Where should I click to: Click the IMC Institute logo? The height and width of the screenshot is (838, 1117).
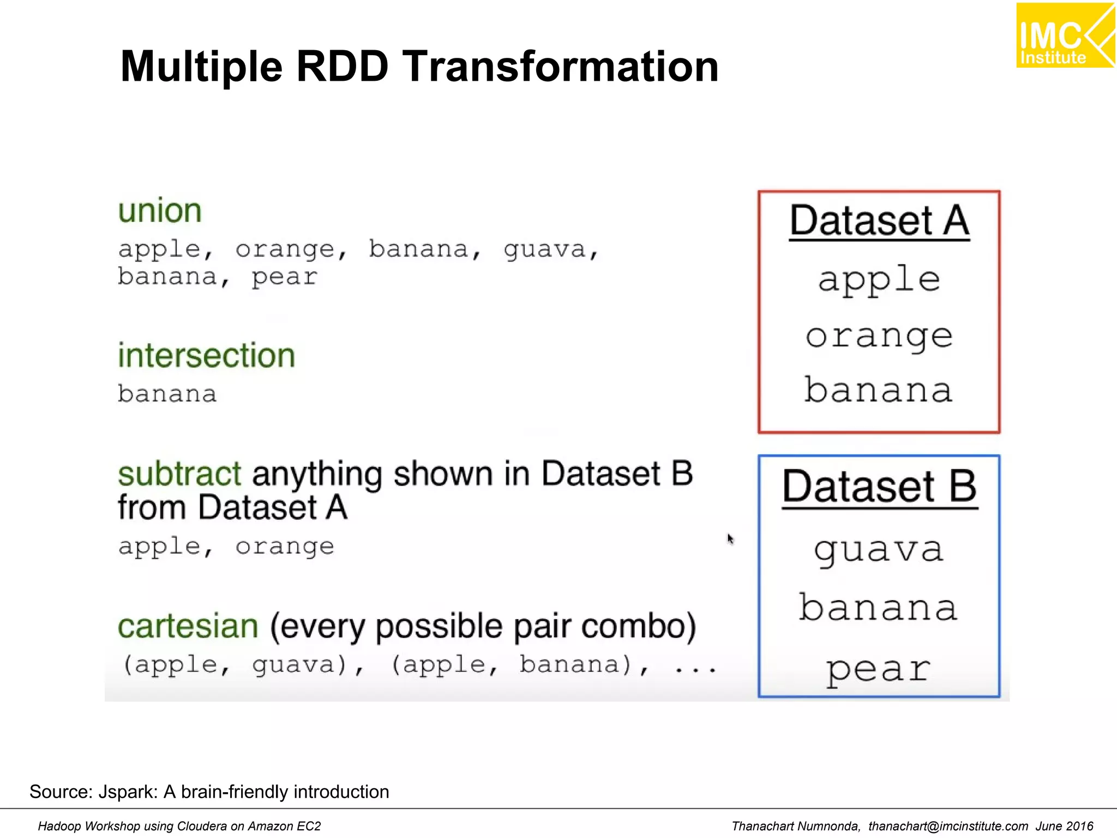(x=1064, y=35)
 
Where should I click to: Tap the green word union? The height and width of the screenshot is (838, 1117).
(x=160, y=211)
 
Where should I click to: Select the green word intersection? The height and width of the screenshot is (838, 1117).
(x=207, y=356)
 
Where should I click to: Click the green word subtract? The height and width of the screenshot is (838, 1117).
(x=179, y=474)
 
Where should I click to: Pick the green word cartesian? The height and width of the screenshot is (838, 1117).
(x=188, y=626)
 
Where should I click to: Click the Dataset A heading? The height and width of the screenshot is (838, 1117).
(x=879, y=221)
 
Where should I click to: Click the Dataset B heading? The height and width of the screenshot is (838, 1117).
(x=879, y=487)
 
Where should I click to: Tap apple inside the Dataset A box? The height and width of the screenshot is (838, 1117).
(x=879, y=280)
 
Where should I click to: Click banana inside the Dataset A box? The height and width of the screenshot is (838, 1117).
(x=879, y=391)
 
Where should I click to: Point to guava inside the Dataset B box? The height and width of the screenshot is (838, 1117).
(x=879, y=550)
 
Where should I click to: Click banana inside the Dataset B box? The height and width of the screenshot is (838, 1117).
(x=879, y=608)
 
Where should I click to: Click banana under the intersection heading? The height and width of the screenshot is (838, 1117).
(x=167, y=394)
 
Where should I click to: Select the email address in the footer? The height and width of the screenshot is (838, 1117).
(x=948, y=827)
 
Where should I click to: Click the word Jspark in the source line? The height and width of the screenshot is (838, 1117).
(x=128, y=792)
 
